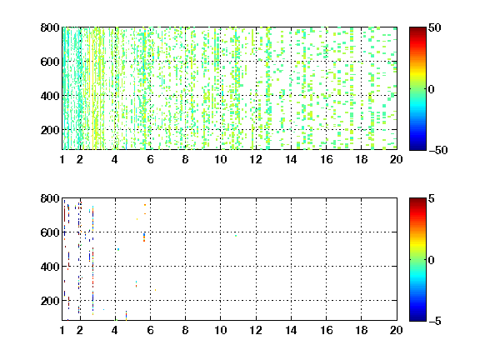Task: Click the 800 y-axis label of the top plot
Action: pyautogui.click(x=50, y=27)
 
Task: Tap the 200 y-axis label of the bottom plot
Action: pyautogui.click(x=50, y=301)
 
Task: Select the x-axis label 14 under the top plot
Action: pyautogui.click(x=291, y=159)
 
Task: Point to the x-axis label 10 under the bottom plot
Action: pyautogui.click(x=220, y=330)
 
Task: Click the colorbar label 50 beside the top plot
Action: pyautogui.click(x=435, y=27)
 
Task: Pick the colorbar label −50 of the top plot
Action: pyautogui.click(x=438, y=150)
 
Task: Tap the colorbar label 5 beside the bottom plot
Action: pyautogui.click(x=432, y=198)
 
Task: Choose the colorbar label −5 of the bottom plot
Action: pyautogui.click(x=435, y=321)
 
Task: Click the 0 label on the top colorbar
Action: pyautogui.click(x=432, y=89)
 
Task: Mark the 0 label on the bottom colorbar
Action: pyautogui.click(x=432, y=260)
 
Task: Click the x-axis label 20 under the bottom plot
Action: pyautogui.click(x=396, y=330)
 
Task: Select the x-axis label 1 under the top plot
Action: pyautogui.click(x=62, y=159)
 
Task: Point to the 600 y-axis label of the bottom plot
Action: pyautogui.click(x=50, y=232)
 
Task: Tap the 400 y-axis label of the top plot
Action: pyautogui.click(x=50, y=96)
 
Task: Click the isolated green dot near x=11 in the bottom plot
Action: pyautogui.click(x=236, y=236)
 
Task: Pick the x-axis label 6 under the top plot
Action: pyautogui.click(x=150, y=159)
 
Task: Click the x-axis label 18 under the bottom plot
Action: pyautogui.click(x=361, y=330)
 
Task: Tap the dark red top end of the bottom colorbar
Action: pyautogui.click(x=417, y=200)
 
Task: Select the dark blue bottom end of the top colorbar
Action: pyautogui.click(x=417, y=147)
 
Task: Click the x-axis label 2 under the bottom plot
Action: pyautogui.click(x=80, y=330)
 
